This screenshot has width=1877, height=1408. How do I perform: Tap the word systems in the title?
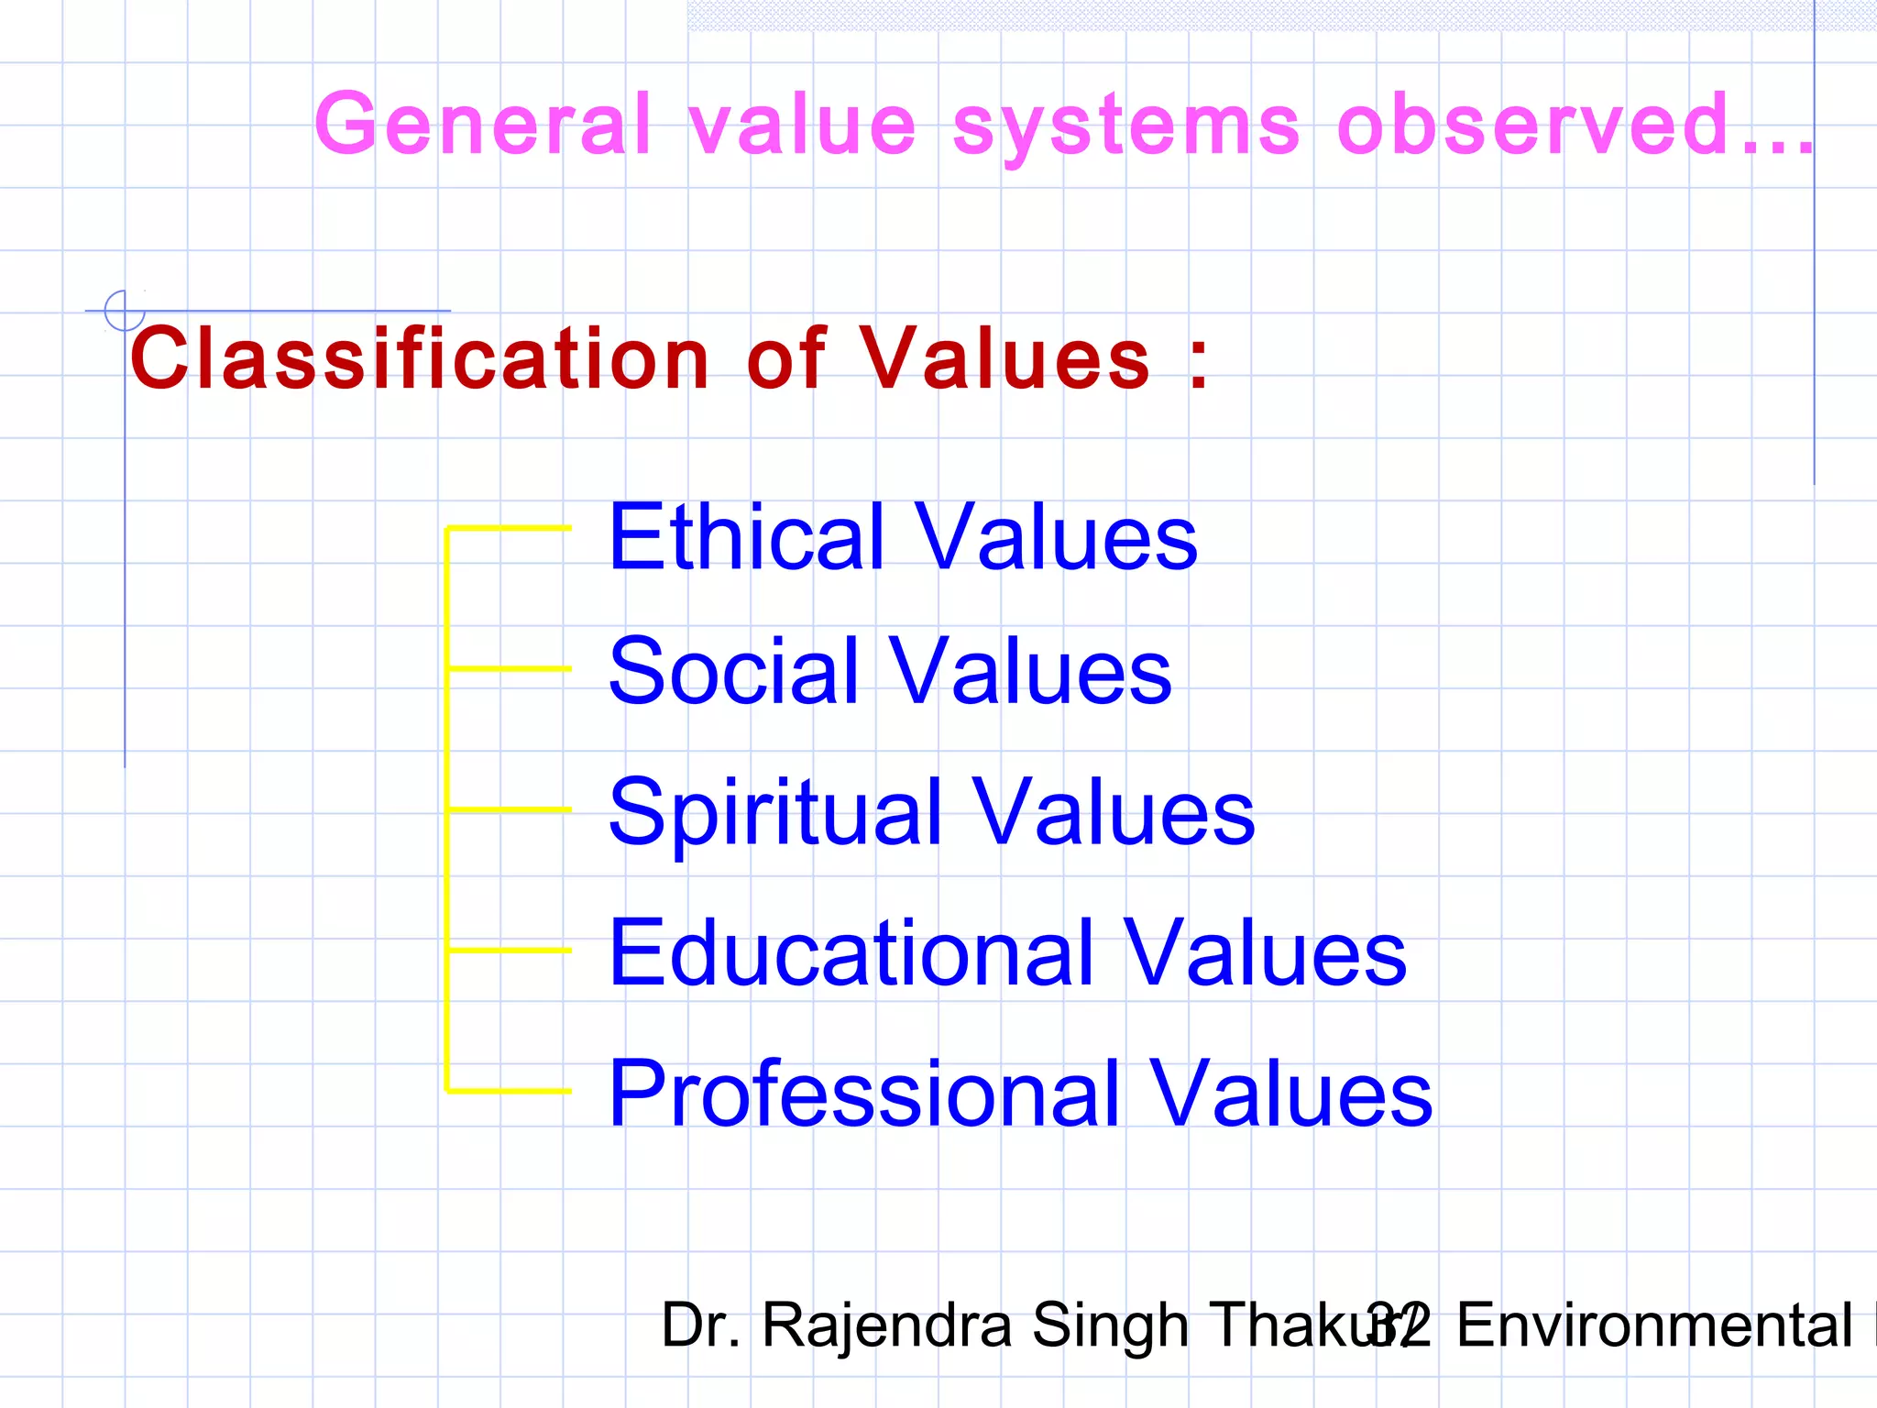coord(1126,126)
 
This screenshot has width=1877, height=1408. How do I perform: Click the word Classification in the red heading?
coord(420,358)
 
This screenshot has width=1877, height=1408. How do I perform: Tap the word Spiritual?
coord(775,813)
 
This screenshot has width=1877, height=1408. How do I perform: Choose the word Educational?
coord(851,953)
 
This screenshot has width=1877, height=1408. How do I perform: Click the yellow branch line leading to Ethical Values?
coord(510,528)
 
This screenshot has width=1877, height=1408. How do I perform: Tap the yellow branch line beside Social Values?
coord(510,669)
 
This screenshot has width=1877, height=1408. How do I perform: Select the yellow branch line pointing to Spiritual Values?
coord(510,809)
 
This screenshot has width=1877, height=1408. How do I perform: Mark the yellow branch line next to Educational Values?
coord(510,951)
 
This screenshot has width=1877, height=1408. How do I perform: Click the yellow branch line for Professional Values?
coord(510,1091)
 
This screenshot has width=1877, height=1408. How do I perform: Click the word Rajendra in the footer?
coord(886,1326)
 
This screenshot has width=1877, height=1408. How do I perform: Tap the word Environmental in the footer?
coord(1654,1325)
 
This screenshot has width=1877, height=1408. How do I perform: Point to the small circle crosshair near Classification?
coord(125,310)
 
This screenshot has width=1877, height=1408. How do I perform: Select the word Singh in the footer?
coord(1110,1326)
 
